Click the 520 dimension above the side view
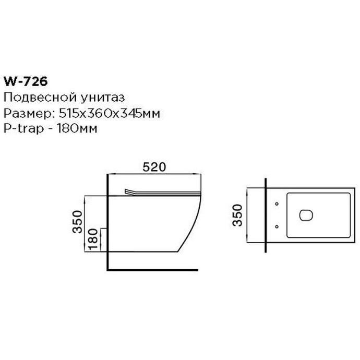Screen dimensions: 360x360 click(153, 167)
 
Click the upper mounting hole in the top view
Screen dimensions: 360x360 click(277, 203)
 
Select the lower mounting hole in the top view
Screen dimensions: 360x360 click(277, 225)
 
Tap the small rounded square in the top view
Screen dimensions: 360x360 click(306, 214)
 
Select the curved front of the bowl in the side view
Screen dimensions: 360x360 click(193, 224)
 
